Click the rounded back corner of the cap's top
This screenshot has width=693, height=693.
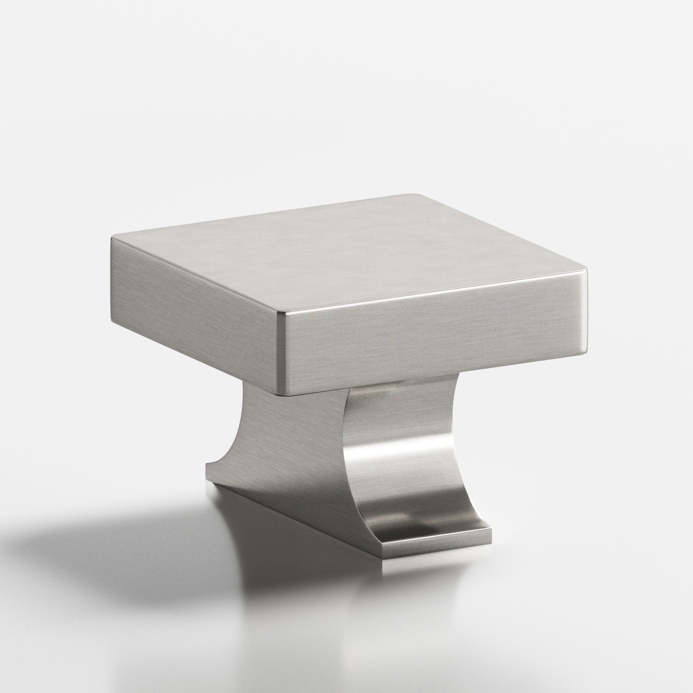coord(416,196)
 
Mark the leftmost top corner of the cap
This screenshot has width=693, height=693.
coord(112,238)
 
